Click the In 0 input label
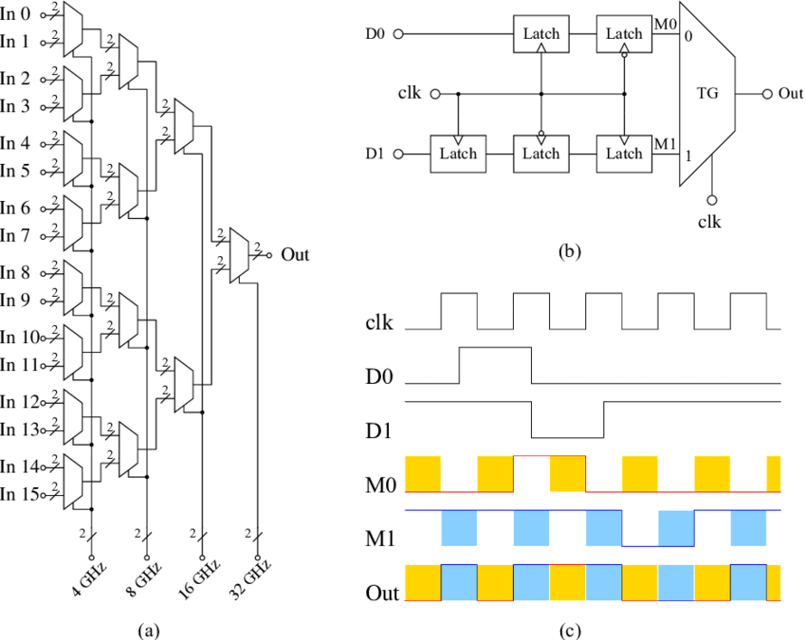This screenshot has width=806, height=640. [15, 14]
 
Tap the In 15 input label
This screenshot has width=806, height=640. [18, 493]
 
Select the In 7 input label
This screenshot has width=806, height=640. [15, 235]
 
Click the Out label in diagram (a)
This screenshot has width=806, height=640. [295, 255]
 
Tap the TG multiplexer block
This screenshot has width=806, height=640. [708, 95]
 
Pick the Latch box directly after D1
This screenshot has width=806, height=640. [458, 154]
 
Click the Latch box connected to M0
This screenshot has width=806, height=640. [624, 34]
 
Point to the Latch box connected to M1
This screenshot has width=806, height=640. [624, 154]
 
